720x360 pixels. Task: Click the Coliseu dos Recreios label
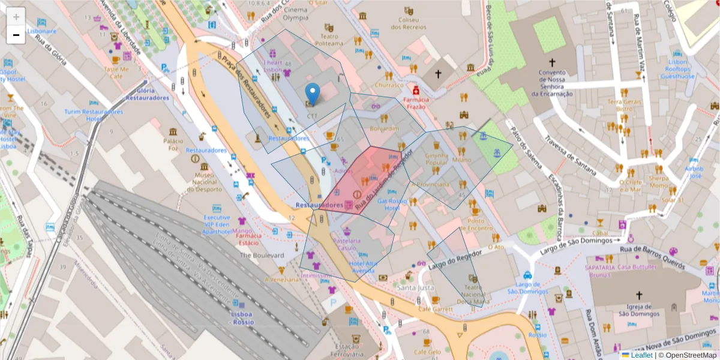[x=408, y=23]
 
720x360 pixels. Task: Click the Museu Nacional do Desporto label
[x=205, y=182]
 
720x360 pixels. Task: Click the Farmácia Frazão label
[x=416, y=103]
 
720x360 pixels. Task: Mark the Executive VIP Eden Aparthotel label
[x=217, y=224]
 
